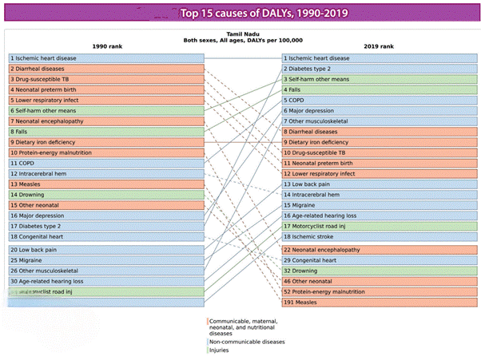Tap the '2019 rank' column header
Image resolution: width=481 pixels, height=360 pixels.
pos(377,46)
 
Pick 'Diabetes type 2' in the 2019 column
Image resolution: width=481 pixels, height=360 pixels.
pos(316,69)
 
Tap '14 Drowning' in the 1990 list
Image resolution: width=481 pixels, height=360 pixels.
pos(31,194)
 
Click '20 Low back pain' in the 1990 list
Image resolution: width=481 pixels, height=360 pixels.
pos(35,250)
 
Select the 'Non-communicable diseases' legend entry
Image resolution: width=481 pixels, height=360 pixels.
pos(247,342)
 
